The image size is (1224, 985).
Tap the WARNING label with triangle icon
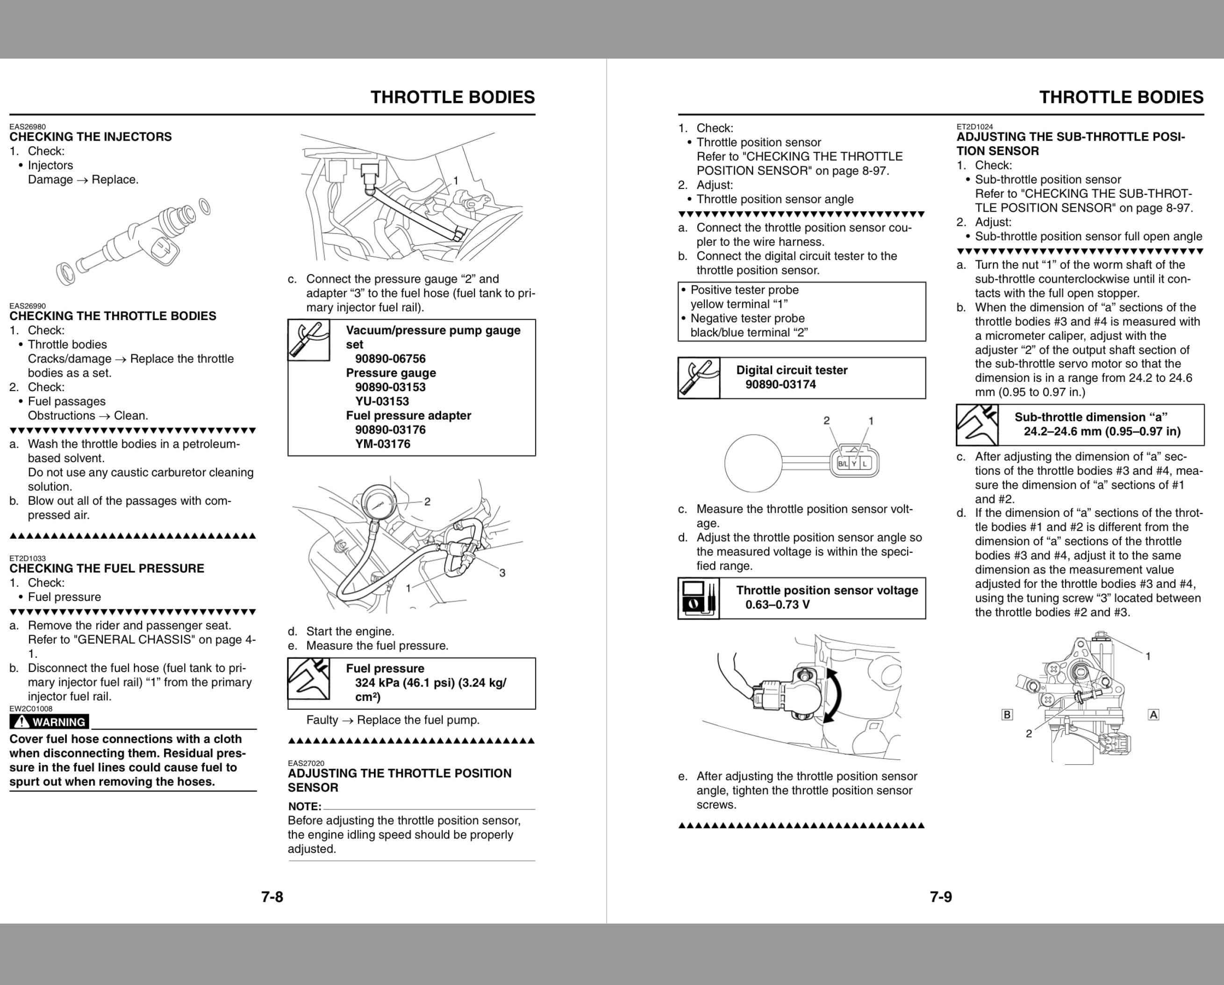[x=50, y=721]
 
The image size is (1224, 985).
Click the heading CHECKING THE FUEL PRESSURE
[x=107, y=568]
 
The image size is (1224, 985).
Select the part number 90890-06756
[x=390, y=359]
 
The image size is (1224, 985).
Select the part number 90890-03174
[x=780, y=385]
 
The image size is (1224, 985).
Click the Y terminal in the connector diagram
[x=854, y=464]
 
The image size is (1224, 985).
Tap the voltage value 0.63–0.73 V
[x=777, y=605]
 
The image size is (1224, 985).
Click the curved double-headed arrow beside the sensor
[x=833, y=695]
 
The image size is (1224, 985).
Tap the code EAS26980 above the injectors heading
[x=27, y=127]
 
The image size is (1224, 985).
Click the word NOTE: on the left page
[x=304, y=806]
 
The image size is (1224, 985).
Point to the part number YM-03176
[x=383, y=444]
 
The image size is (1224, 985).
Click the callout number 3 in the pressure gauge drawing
[x=502, y=573]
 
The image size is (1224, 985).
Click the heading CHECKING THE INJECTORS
[x=90, y=137]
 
